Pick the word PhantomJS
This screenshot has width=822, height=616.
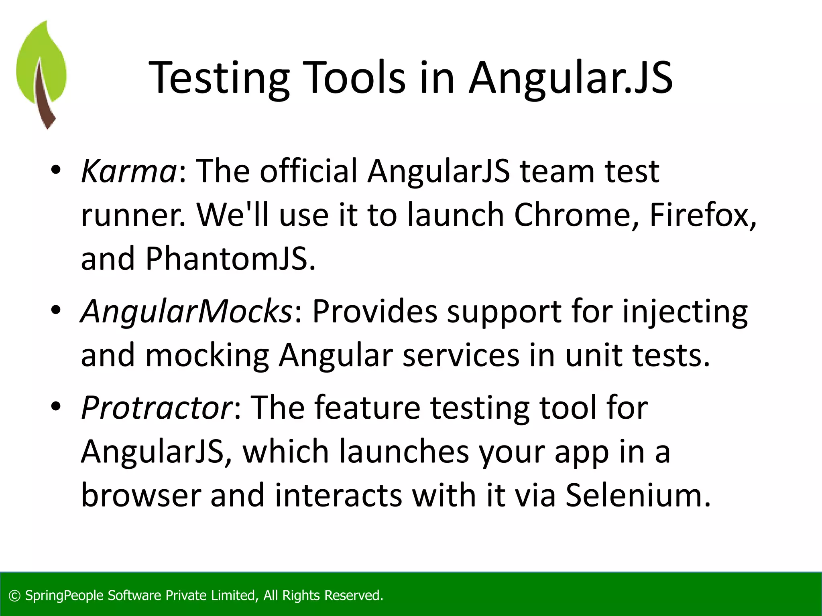[x=230, y=259]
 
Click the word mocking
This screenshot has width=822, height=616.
[x=207, y=355]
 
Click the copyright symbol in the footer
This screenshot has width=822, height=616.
[x=14, y=596]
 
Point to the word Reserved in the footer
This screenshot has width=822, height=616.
[x=353, y=596]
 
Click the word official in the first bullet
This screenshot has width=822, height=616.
[x=308, y=171]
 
